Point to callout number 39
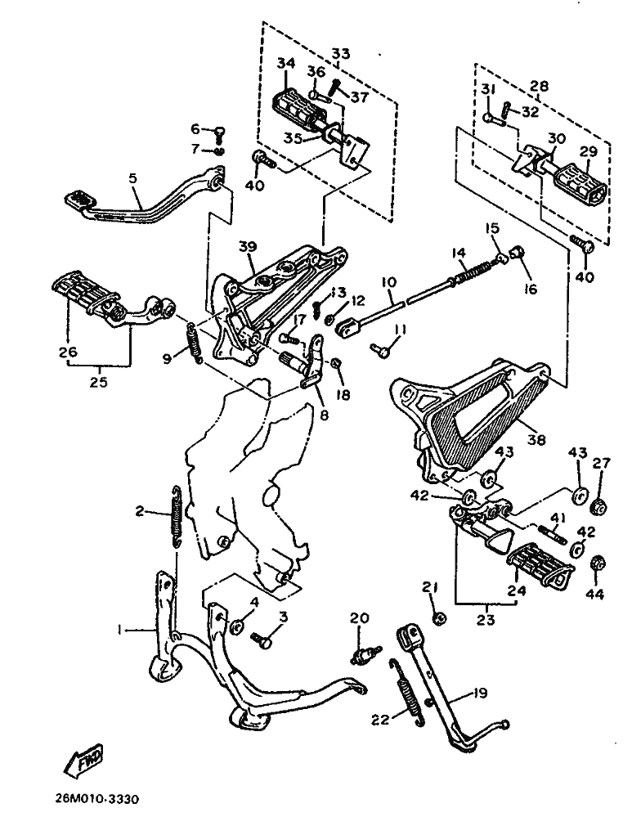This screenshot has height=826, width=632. [x=249, y=247]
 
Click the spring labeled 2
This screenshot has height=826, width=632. [x=175, y=516]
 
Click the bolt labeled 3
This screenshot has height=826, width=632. [x=262, y=640]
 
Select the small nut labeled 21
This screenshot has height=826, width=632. [x=438, y=617]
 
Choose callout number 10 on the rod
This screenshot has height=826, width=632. [x=388, y=282]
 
